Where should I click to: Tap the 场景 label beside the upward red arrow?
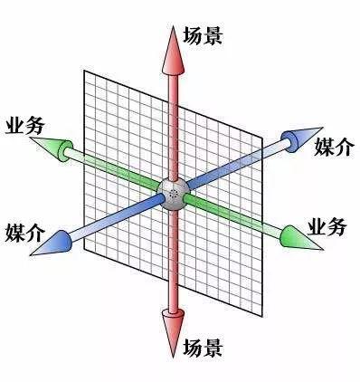(203, 36)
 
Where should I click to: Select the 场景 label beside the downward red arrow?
(203, 348)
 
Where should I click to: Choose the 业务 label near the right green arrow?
(327, 227)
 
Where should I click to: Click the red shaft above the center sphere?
(171, 118)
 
